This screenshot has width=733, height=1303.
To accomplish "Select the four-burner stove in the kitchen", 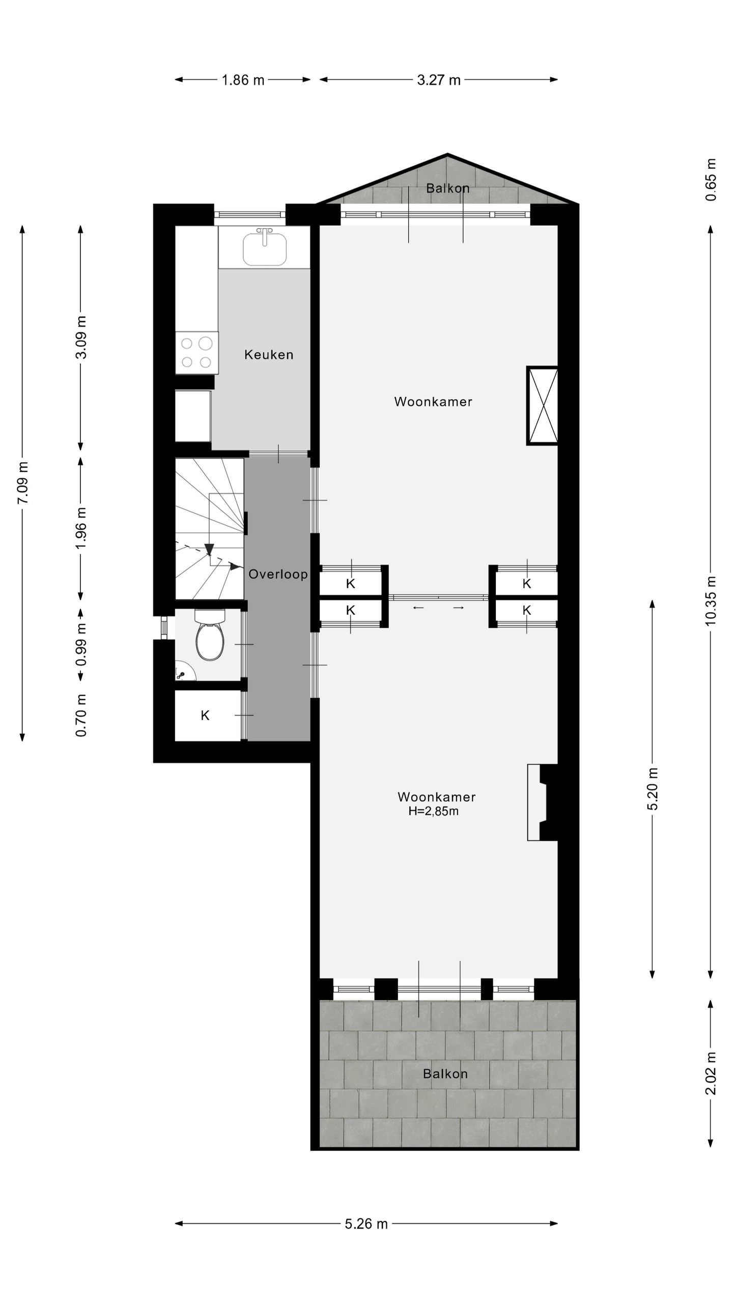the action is (196, 353).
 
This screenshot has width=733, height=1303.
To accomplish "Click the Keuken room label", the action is (269, 355).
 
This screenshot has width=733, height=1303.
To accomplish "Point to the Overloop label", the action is (278, 575).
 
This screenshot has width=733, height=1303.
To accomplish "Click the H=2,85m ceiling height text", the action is (433, 811).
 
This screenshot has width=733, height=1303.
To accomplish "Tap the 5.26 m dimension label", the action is (366, 1224).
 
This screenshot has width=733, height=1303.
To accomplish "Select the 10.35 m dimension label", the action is (711, 601).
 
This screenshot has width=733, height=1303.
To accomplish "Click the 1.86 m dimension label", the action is (243, 80).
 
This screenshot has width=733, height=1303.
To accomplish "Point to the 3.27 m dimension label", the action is (439, 80).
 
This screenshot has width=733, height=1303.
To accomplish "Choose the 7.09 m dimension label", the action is (22, 483).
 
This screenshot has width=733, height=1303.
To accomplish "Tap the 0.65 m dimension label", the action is (711, 180).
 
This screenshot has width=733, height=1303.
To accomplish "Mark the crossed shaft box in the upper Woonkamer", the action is (542, 406).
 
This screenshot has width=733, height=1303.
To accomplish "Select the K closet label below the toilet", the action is (205, 716).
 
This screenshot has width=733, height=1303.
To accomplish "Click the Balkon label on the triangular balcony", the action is (448, 188).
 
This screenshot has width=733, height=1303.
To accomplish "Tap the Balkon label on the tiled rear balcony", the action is (445, 1074).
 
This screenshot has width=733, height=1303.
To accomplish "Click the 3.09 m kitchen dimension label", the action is (81, 337).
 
